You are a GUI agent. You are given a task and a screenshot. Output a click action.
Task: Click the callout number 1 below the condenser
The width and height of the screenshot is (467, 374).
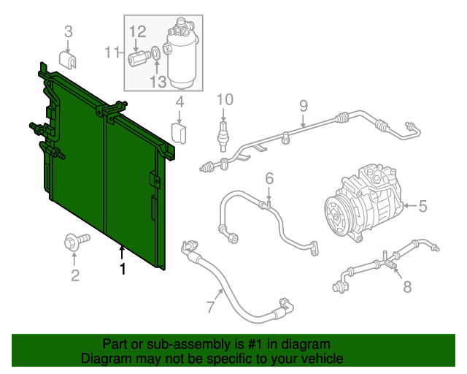123,270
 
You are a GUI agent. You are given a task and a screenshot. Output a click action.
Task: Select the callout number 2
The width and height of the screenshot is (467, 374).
74,275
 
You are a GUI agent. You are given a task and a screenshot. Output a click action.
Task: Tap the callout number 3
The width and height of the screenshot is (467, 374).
69,31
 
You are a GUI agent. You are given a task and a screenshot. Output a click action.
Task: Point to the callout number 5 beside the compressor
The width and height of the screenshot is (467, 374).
422,207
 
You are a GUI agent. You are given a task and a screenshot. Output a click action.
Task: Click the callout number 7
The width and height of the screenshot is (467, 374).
210,308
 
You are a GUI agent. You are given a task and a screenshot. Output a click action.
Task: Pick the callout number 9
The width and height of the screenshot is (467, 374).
304,106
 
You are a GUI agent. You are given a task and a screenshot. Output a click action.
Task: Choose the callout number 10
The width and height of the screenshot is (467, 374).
224,99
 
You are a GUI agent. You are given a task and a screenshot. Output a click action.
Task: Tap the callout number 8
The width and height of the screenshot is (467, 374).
406,287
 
